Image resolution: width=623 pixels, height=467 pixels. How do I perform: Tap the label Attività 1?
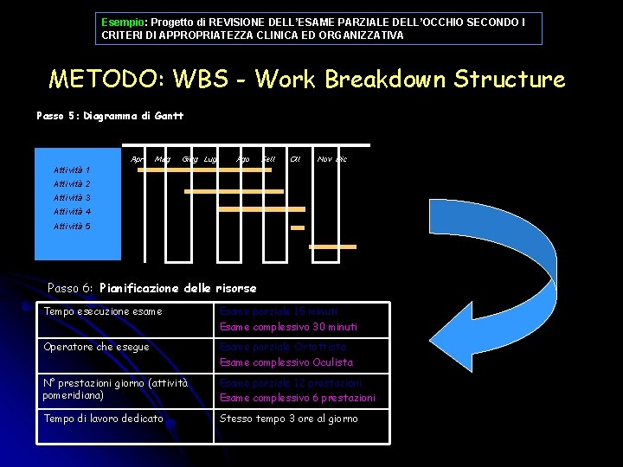coord(72,170)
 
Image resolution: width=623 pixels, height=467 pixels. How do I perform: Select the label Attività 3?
coord(72,198)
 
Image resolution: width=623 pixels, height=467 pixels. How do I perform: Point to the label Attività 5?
coord(72,227)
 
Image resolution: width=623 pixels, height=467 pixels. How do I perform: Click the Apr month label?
coord(137,159)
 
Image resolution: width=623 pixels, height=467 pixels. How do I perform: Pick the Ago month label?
coord(243,159)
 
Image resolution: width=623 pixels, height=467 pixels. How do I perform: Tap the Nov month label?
coord(324,159)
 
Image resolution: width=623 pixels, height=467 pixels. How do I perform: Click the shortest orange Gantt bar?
coord(298,227)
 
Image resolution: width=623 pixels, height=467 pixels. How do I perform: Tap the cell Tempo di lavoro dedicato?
coord(104,419)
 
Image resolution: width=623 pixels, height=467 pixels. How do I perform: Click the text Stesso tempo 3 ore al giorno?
coord(289,419)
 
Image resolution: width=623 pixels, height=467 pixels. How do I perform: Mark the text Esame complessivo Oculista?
coord(286,362)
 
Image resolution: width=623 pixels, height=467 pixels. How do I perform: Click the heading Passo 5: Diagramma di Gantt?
coord(110,115)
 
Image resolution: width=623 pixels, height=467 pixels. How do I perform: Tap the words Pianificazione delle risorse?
coord(178,288)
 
